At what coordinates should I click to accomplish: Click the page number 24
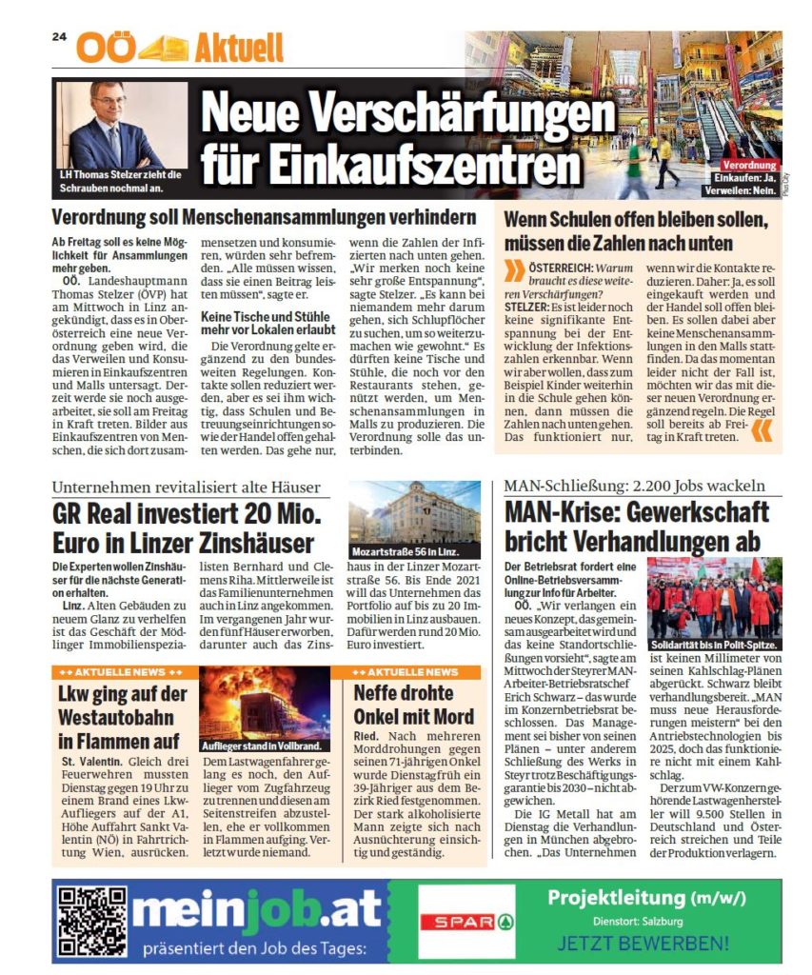pyautogui.click(x=58, y=37)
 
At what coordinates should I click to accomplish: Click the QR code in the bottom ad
pyautogui.click(x=92, y=920)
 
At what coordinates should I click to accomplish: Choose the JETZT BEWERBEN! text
pyautogui.click(x=643, y=945)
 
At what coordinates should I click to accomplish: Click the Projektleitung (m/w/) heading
pyautogui.click(x=644, y=898)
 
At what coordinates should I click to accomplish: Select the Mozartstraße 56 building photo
pyautogui.click(x=413, y=520)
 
